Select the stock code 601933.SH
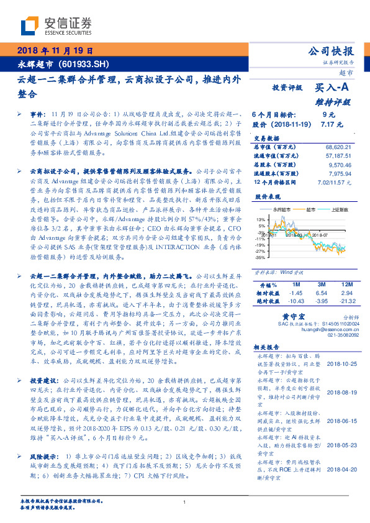click(86, 63)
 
